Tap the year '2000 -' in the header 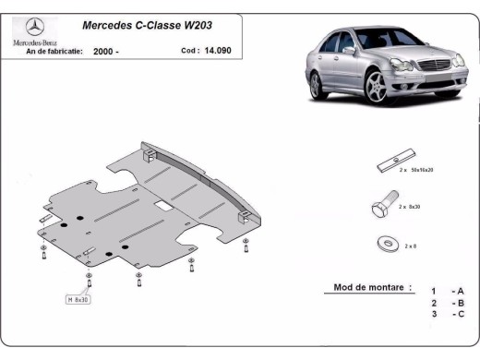tap(106, 52)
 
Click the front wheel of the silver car tap(376, 87)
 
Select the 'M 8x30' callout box tap(78, 300)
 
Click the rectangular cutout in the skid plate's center tap(161, 201)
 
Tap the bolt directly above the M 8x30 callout tap(88, 282)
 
